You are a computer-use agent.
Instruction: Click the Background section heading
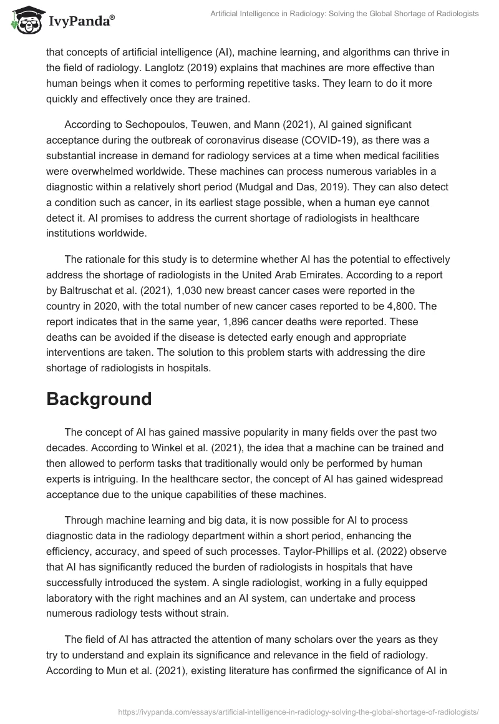99,399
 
